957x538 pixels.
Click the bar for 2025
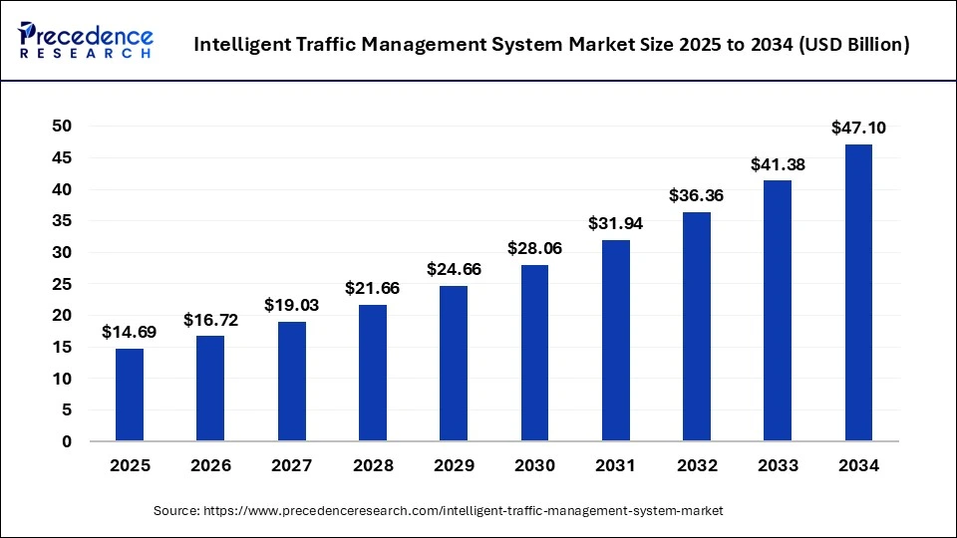pyautogui.click(x=130, y=395)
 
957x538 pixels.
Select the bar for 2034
pyautogui.click(x=858, y=293)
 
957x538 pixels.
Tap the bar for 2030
pyautogui.click(x=534, y=353)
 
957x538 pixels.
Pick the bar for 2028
pyautogui.click(x=373, y=373)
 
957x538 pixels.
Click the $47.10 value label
pyautogui.click(x=858, y=128)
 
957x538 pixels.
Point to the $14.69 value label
pyautogui.click(x=130, y=332)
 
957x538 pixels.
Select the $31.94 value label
pyautogui.click(x=615, y=223)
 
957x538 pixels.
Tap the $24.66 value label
pyautogui.click(x=454, y=269)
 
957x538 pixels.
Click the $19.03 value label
pyautogui.click(x=291, y=305)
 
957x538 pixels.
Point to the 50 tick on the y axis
pyautogui.click(x=62, y=126)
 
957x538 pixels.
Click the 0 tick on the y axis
pyautogui.click(x=67, y=441)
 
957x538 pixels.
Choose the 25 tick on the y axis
pyautogui.click(x=62, y=284)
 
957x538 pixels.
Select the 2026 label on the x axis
pyautogui.click(x=210, y=465)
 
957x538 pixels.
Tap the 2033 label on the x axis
pyautogui.click(x=778, y=465)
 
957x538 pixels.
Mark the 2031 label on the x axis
pyautogui.click(x=615, y=465)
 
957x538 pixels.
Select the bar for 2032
pyautogui.click(x=697, y=327)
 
